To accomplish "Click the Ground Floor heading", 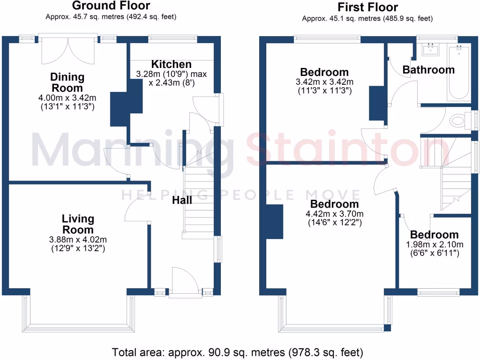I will pyautogui.click(x=111, y=6).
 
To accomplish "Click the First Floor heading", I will pyautogui.click(x=367, y=7).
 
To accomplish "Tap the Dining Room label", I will pyautogui.click(x=67, y=82).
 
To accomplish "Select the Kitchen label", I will pyautogui.click(x=171, y=64).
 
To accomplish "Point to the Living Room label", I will pyautogui.click(x=78, y=224).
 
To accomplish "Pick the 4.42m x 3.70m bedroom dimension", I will pyautogui.click(x=335, y=215).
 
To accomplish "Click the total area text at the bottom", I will pyautogui.click(x=238, y=352).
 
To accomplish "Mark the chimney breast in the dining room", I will pyautogui.click(x=119, y=109).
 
